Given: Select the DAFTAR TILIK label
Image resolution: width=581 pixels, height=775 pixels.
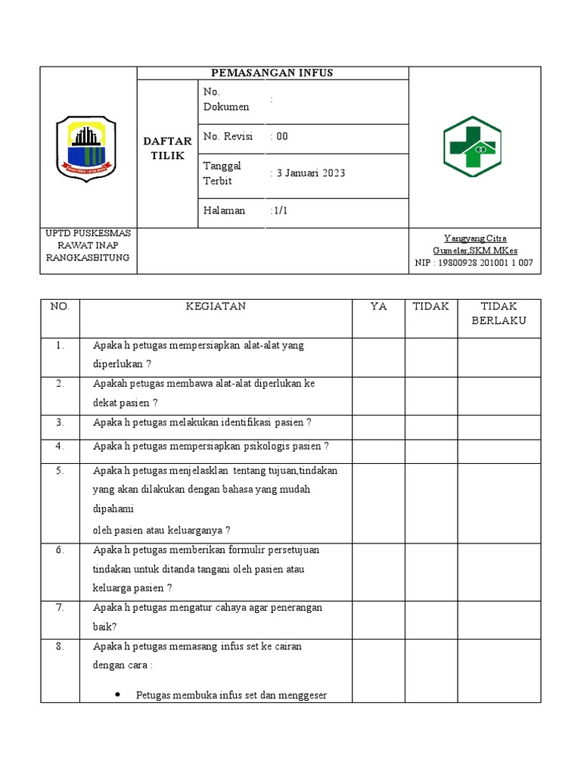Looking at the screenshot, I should (x=167, y=148).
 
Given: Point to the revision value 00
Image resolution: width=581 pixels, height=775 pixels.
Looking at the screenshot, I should (x=281, y=137).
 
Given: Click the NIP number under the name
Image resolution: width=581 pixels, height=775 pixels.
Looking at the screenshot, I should (x=474, y=263).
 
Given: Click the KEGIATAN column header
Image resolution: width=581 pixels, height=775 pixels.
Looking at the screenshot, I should (x=216, y=307).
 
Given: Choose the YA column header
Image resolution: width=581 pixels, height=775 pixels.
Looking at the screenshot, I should (x=378, y=307).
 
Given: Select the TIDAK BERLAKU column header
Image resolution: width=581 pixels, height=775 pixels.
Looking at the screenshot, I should (x=499, y=313).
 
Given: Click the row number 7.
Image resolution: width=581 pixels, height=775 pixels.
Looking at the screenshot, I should (x=60, y=608).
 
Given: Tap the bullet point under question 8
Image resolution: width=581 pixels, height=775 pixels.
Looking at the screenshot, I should (x=120, y=695).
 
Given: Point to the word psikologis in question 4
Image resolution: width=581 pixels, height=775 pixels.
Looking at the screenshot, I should (x=269, y=447).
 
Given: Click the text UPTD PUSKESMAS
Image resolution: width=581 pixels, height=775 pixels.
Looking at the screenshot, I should (x=88, y=233).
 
